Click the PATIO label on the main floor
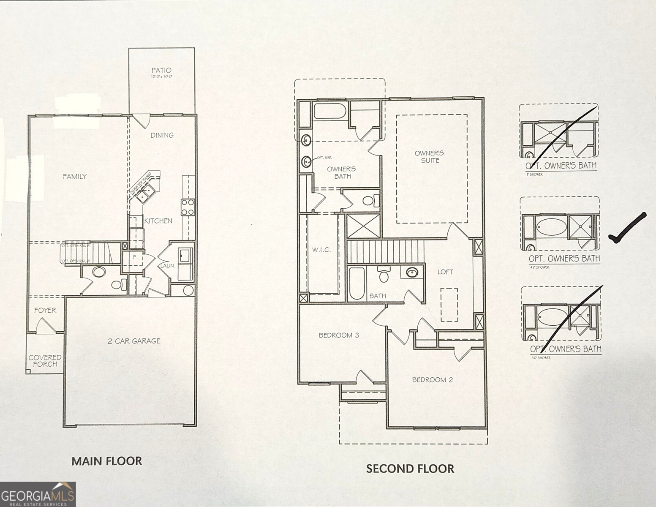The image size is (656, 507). pos(162,70)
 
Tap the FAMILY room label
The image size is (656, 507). pos(75,176)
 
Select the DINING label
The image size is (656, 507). pos(162,135)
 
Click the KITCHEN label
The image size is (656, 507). pos(158,221)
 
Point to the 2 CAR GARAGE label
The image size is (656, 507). pos(134,341)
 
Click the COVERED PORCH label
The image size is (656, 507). pos(45,360)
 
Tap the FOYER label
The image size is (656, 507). pos(45,310)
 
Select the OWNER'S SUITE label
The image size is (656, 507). pos(429,157)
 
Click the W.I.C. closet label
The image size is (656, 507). pos(321,250)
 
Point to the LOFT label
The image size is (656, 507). pos(445,272)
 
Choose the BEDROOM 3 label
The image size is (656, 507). pos(339,335)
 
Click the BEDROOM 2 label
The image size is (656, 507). pos(432,380)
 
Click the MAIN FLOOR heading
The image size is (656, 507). pos(106,461)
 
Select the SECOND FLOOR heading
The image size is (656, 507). pos(410,469)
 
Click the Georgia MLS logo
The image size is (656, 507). pos(38,494)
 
